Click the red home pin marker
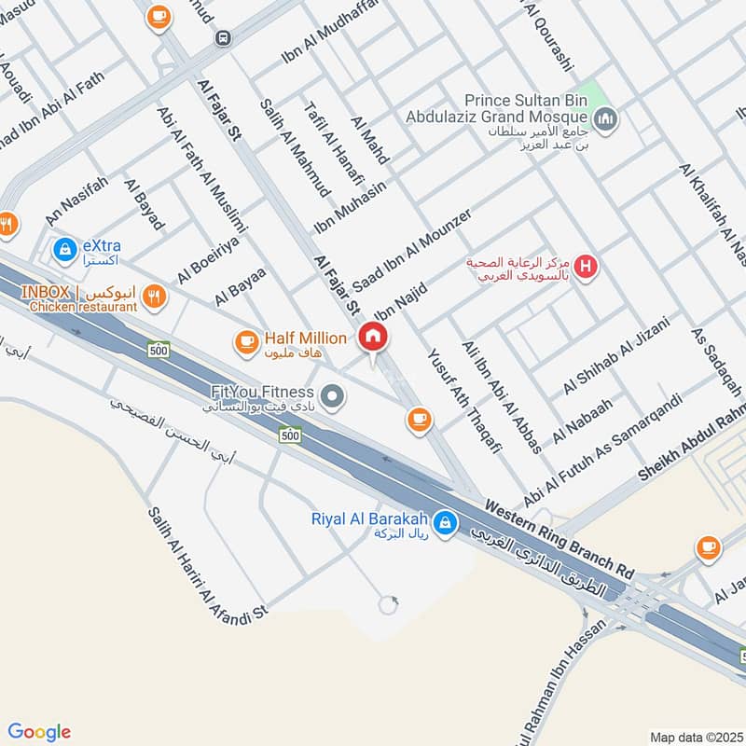pyautogui.click(x=373, y=338)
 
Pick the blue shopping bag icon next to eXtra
pyautogui.click(x=64, y=249)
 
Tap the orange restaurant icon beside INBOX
pyautogui.click(x=155, y=297)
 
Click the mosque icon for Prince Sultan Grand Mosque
pyautogui.click(x=607, y=120)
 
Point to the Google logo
pyautogui.click(x=39, y=731)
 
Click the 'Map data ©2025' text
pyautogui.click(x=695, y=737)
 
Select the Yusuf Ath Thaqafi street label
pyautogui.click(x=464, y=404)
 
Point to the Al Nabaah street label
pyautogui.click(x=583, y=421)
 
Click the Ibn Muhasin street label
pyautogui.click(x=350, y=209)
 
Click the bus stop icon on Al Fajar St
pyautogui.click(x=222, y=38)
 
